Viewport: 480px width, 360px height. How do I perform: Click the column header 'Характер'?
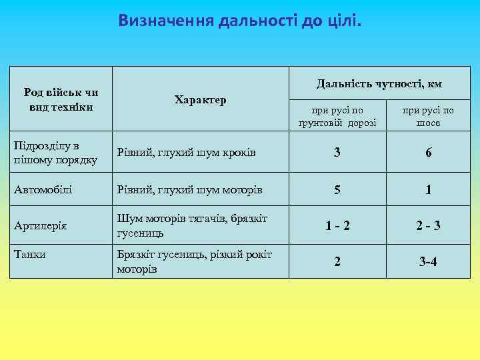coord(200,100)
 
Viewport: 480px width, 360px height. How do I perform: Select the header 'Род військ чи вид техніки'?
coord(61,99)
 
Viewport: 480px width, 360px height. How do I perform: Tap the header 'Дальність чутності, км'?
coord(379,84)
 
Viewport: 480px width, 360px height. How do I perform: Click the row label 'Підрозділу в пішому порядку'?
coord(56,153)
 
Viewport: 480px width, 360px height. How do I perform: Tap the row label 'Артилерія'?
coord(41,226)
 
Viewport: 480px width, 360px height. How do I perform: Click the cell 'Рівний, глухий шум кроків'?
coord(187,153)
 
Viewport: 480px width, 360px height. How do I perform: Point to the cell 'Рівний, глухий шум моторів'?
coord(189,189)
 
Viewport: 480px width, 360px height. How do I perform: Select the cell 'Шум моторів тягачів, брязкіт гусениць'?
coord(192,226)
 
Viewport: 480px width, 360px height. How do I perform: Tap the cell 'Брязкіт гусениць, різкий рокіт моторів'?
coord(194,261)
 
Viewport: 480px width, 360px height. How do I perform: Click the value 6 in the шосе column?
coord(428,153)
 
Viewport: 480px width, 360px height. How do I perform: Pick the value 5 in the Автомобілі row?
coord(337,190)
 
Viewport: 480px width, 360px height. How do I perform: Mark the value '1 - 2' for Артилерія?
coord(337,226)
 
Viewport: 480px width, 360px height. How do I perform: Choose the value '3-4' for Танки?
coord(428,262)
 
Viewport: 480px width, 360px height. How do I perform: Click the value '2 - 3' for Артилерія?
coord(428,226)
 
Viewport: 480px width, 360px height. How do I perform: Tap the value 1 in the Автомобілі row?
coord(428,190)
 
